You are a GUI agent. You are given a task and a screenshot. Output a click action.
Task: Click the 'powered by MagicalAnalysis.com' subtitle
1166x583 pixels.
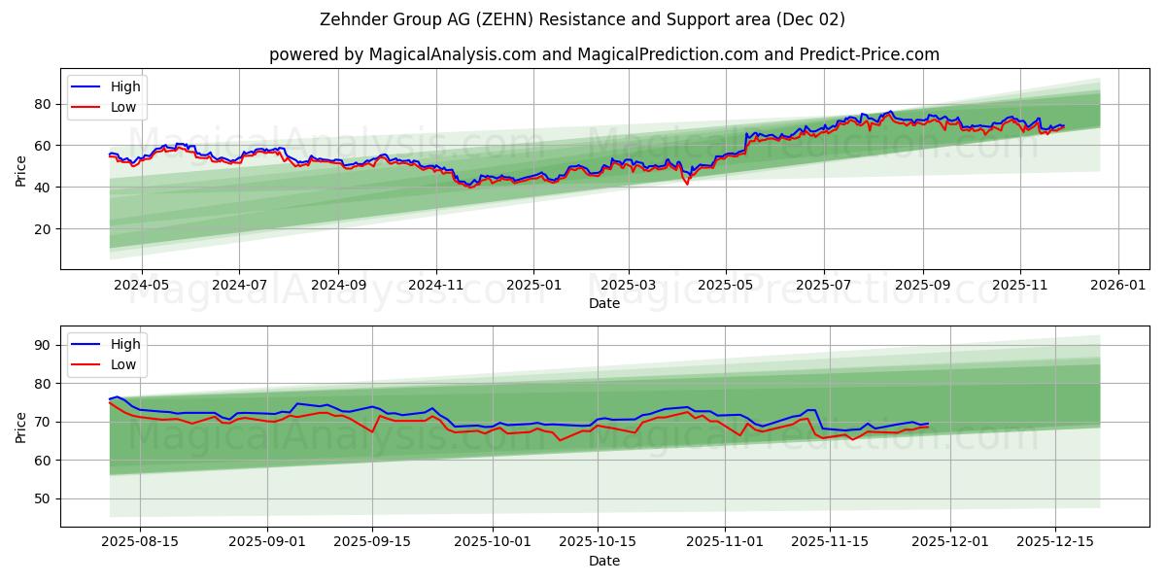point(603,54)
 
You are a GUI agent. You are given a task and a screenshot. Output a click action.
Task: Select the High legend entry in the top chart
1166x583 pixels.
point(124,86)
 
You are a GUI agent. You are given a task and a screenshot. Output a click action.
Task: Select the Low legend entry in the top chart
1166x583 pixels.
point(122,107)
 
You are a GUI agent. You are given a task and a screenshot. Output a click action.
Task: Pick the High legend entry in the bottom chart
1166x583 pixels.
point(124,344)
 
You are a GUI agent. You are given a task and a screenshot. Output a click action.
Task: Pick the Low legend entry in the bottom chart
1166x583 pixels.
point(122,364)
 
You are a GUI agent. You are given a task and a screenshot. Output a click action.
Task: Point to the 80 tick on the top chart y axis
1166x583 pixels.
point(43,104)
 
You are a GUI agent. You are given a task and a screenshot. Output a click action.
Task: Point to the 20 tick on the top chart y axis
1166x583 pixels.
point(43,229)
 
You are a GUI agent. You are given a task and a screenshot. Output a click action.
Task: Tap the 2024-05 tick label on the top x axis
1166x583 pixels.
point(142,286)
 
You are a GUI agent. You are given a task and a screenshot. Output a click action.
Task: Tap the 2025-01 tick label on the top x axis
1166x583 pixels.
point(533,286)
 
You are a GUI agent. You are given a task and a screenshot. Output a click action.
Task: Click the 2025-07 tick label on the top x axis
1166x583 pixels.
point(824,286)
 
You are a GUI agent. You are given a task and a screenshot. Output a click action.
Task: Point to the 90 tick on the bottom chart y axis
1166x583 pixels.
point(43,345)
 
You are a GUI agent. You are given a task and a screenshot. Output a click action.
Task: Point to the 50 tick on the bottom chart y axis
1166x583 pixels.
point(43,498)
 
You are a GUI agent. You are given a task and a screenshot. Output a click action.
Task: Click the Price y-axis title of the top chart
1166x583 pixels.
point(21,169)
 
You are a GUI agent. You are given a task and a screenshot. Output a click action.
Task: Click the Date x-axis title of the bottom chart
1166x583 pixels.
point(603,561)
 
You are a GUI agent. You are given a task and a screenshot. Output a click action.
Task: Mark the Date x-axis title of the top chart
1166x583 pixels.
point(603,303)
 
